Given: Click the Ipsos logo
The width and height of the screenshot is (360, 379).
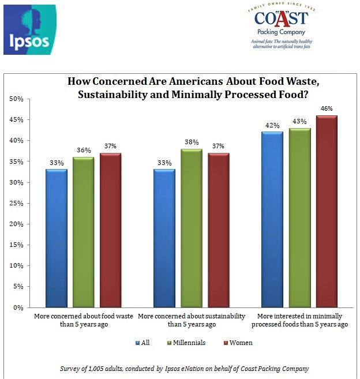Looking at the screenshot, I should [x=30, y=29].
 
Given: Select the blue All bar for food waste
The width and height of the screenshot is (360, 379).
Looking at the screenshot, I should [x=57, y=238].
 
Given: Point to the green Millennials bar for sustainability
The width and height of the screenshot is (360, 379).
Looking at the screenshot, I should [x=192, y=228].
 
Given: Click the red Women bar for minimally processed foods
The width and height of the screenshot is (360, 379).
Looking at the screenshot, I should [x=326, y=211].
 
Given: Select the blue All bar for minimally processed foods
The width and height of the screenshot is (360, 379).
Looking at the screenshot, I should [x=272, y=219].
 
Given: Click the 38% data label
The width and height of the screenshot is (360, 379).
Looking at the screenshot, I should [x=192, y=141].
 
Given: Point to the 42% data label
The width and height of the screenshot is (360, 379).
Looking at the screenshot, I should [x=272, y=125].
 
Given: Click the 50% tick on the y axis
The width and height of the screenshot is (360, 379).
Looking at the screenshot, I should [x=16, y=99].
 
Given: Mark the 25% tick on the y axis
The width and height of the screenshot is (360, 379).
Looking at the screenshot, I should [x=16, y=203].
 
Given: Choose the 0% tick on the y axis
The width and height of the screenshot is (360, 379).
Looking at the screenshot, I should [x=17, y=307].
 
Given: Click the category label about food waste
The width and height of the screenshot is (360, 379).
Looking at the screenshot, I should [x=84, y=320].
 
